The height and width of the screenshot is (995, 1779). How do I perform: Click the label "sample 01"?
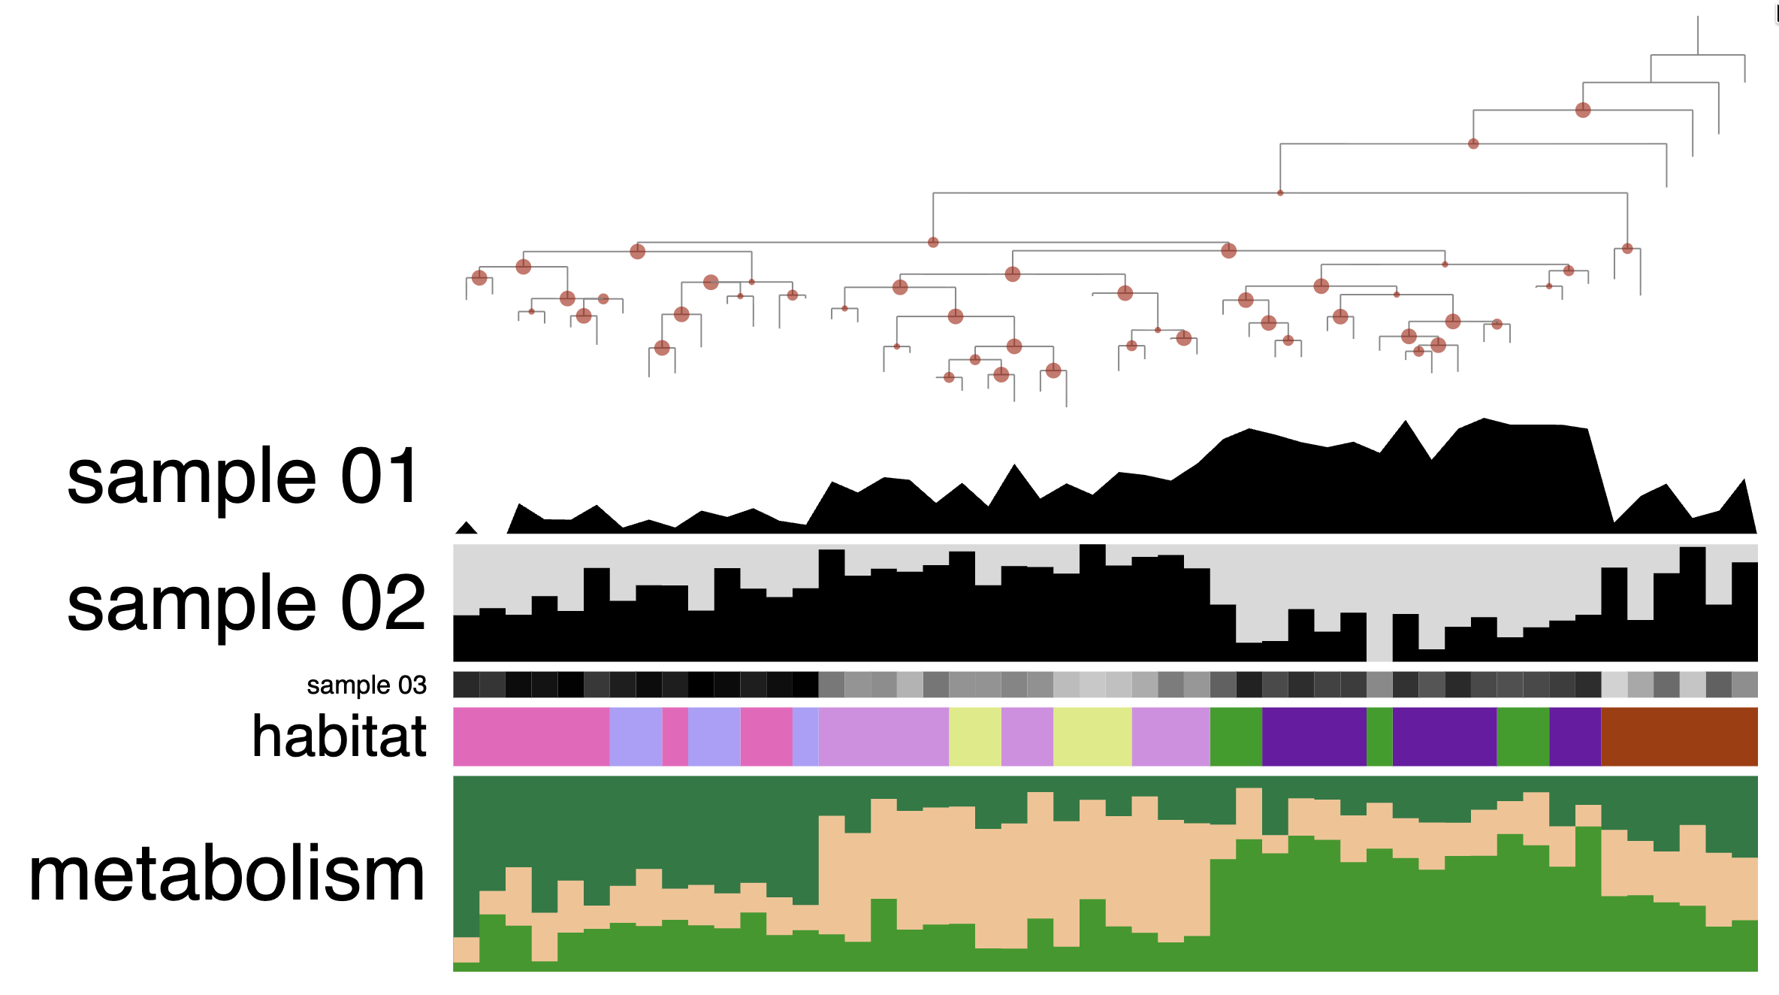point(243,476)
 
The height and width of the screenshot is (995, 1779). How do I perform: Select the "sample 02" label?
point(246,603)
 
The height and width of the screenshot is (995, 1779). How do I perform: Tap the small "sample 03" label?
point(366,685)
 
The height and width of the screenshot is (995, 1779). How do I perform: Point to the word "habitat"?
point(339,736)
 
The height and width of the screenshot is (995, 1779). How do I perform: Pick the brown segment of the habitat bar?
point(1679,736)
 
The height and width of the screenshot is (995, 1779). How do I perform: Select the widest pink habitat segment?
point(530,736)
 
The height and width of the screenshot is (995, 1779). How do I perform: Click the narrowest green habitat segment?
point(1379,736)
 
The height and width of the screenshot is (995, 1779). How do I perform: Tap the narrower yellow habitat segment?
point(974,736)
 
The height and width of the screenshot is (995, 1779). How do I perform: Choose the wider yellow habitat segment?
point(1092,736)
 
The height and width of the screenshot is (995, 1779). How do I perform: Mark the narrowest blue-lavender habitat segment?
point(805,736)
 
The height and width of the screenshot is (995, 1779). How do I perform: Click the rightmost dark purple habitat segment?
point(1575,736)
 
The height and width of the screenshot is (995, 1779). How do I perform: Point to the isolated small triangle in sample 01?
point(467,528)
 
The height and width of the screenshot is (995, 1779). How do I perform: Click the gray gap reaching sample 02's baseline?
point(1379,639)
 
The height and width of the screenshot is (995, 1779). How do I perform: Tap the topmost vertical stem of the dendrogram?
point(1698,35)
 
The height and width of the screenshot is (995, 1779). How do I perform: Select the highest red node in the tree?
point(1583,110)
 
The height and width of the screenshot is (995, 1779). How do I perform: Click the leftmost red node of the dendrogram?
point(479,277)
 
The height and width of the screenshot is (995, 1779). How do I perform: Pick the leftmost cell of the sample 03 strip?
point(466,685)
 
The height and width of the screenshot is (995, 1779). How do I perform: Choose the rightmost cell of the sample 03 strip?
point(1744,685)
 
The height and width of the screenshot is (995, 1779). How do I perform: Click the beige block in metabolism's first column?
point(466,949)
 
